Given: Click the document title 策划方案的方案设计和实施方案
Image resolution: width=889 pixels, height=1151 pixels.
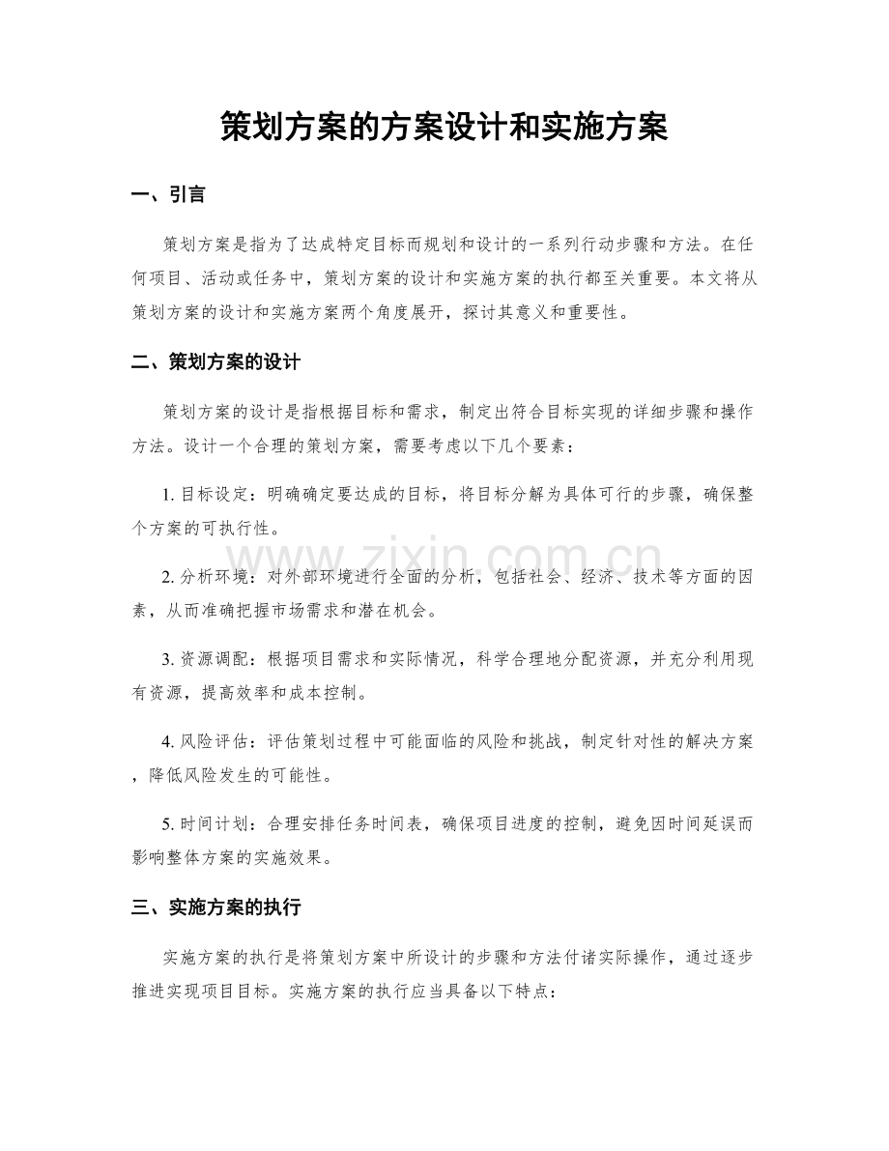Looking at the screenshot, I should [444, 126].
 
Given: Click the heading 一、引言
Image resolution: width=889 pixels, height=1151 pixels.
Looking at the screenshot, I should [168, 196].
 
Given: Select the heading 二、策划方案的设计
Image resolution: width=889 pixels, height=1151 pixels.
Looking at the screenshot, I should [215, 364].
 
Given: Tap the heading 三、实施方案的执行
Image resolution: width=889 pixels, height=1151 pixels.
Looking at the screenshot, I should [215, 907].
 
